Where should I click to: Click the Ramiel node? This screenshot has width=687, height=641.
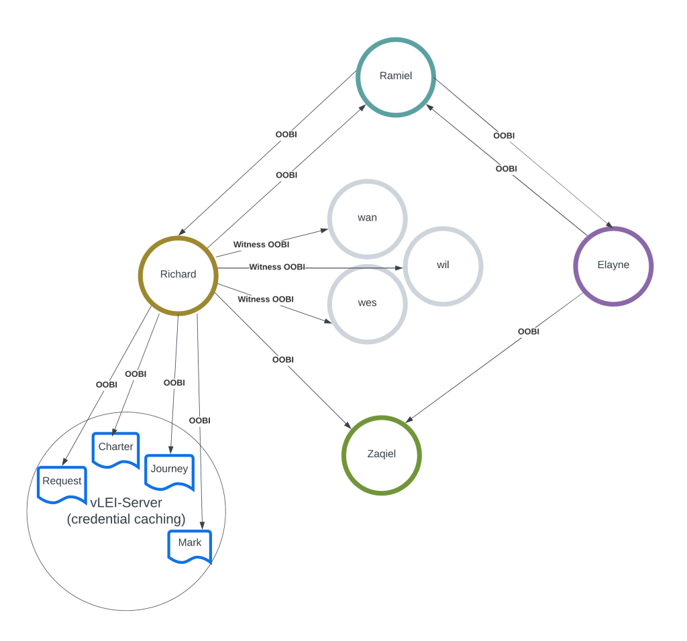(x=396, y=76)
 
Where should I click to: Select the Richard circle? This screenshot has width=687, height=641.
(x=178, y=275)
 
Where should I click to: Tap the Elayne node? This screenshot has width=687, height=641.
(x=613, y=266)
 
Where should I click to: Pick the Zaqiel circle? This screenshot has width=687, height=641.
(x=381, y=455)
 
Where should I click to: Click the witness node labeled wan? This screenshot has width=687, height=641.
(x=367, y=218)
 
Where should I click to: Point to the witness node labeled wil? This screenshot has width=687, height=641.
(x=443, y=266)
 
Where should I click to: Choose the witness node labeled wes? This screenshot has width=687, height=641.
(x=367, y=303)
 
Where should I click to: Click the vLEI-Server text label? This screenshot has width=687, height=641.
(x=126, y=503)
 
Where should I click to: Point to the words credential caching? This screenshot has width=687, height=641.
(x=126, y=519)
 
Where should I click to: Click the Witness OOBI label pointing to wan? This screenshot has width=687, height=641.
(x=261, y=245)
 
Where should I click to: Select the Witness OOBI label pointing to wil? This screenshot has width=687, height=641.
(x=277, y=267)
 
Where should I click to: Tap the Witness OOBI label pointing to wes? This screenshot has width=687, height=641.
(x=266, y=299)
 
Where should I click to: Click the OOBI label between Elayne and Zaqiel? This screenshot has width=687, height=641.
(x=529, y=331)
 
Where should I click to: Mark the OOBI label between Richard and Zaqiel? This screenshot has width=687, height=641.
(x=283, y=360)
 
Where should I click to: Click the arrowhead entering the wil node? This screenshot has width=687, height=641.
(x=400, y=268)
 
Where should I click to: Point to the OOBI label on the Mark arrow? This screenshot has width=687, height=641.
(x=199, y=420)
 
